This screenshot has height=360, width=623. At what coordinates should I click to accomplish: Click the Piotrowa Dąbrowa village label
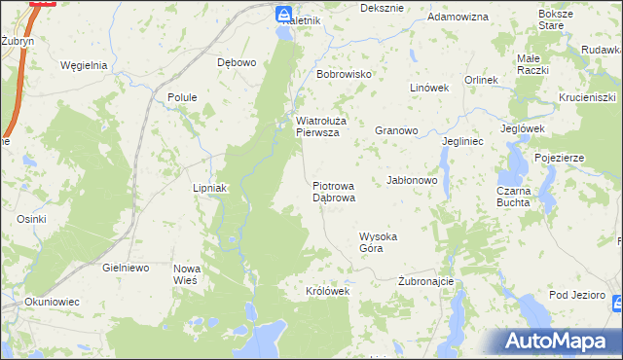click(333, 191)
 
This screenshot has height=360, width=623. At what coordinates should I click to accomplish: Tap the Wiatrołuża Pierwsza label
click(317, 127)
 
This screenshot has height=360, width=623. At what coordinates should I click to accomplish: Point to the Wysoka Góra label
click(379, 242)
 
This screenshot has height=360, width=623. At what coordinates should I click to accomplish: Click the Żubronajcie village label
click(426, 281)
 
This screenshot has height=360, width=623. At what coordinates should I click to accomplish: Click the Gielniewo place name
click(125, 267)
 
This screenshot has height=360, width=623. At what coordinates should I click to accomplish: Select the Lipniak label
click(209, 188)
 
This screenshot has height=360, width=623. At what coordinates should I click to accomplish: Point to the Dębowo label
click(237, 63)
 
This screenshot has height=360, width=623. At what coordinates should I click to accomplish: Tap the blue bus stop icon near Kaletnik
click(282, 14)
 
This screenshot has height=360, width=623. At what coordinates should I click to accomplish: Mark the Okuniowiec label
click(53, 302)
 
